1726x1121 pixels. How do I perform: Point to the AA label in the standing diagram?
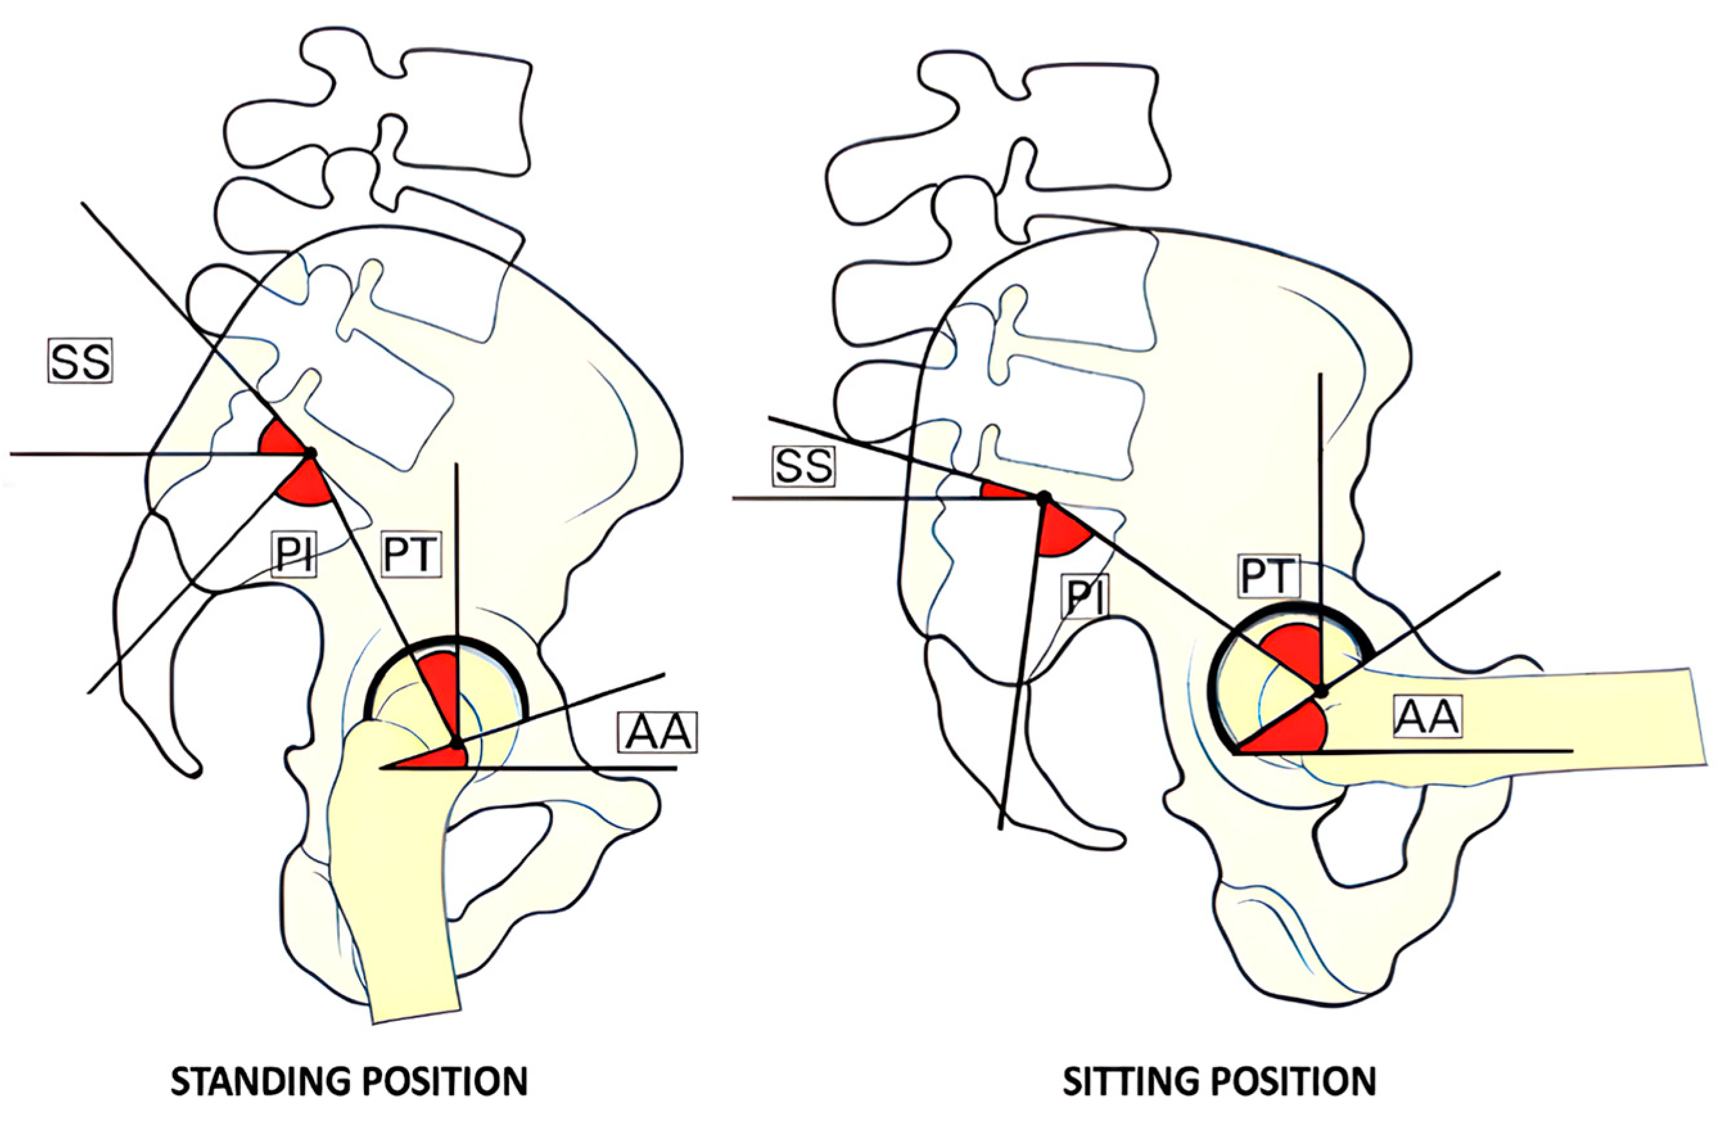[658, 733]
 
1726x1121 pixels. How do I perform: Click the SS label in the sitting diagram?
[803, 467]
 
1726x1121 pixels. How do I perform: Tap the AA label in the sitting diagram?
[1427, 717]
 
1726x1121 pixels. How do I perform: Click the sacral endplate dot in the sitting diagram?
[1043, 498]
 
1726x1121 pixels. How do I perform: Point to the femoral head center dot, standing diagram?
[456, 743]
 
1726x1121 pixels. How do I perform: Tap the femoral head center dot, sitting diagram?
[1321, 691]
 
